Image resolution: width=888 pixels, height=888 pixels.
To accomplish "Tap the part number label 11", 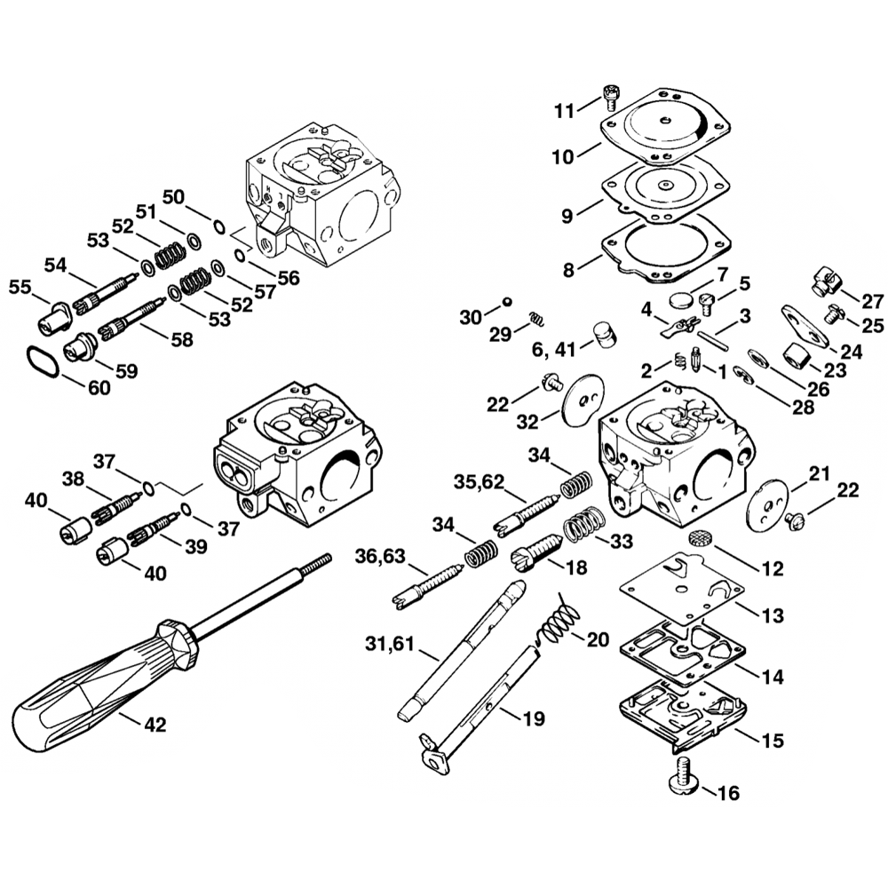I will click(565, 110).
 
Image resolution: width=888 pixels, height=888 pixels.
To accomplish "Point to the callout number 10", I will click(563, 157).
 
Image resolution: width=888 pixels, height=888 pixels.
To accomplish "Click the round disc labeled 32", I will click(583, 397).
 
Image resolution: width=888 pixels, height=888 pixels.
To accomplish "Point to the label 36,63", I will click(379, 556).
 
